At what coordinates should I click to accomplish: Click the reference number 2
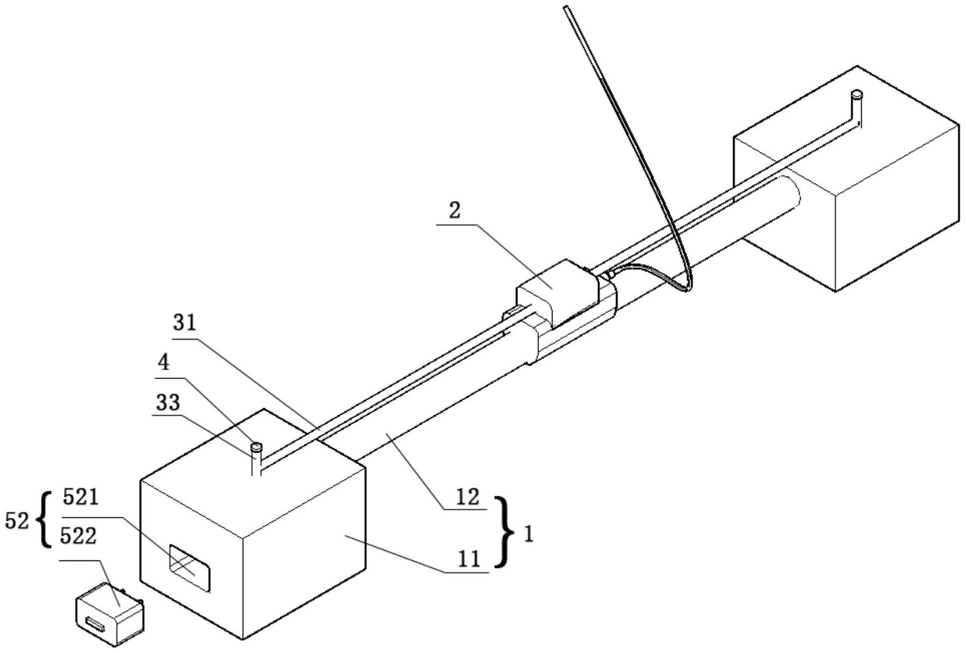point(455,211)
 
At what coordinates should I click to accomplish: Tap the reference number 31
point(185,323)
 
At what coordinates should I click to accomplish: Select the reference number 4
point(164,363)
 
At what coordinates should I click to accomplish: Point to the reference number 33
point(168,403)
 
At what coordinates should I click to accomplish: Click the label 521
point(81,497)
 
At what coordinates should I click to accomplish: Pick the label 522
point(77,536)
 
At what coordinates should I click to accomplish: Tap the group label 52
point(16,521)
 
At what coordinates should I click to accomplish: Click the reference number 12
point(468,497)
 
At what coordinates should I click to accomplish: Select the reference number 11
point(469,559)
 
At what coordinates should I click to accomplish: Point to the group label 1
point(529,535)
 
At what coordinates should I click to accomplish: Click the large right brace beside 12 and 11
point(504,532)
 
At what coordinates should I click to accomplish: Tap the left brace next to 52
point(44,520)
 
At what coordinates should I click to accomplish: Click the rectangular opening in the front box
point(189,568)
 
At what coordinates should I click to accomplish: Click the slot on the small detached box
point(95,625)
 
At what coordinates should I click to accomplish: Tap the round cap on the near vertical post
point(256,446)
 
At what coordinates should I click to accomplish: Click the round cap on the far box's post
point(857,94)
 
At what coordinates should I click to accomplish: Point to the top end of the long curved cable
point(566,7)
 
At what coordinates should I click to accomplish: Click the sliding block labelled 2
point(558,294)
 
